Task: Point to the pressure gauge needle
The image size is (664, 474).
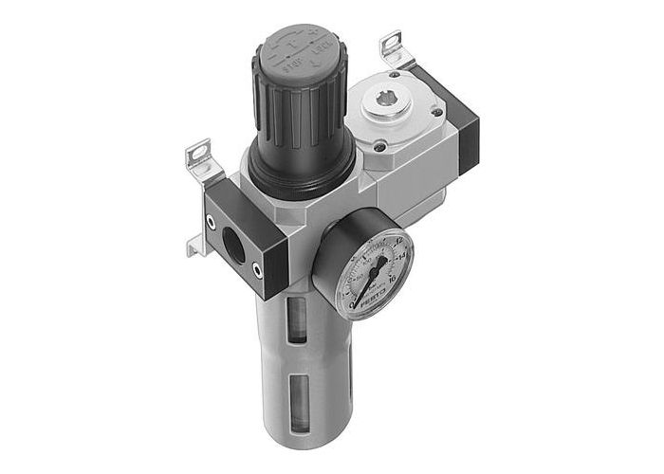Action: click(373, 274)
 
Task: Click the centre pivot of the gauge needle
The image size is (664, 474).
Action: click(367, 285)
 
